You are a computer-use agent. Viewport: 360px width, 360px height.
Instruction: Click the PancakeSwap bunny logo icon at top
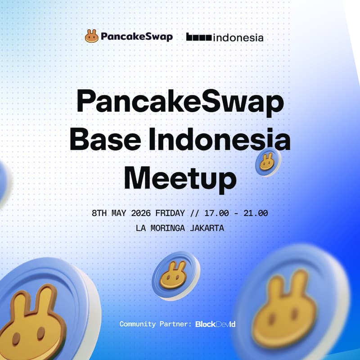[91, 36]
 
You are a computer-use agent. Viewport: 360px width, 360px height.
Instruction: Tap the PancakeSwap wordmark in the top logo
[136, 36]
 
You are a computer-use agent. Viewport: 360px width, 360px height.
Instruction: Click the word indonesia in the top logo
[238, 37]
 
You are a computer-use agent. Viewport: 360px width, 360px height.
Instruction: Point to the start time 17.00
[216, 213]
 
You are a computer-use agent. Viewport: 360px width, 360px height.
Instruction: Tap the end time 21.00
[256, 213]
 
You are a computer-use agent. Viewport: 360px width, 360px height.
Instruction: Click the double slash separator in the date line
[194, 213]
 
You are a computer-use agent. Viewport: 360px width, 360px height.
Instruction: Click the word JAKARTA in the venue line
[207, 228]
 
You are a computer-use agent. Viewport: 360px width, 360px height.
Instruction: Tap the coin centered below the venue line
[175, 274]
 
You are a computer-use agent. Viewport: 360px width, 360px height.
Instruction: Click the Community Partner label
[156, 324]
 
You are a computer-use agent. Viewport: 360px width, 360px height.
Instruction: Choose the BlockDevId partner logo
[216, 324]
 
